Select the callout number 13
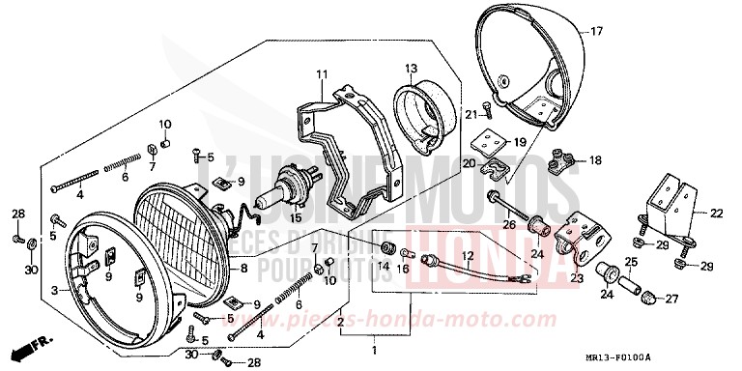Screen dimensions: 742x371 point(410,68)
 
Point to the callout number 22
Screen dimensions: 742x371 point(716,214)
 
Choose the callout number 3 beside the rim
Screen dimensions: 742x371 point(54,289)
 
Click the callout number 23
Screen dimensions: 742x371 point(578,277)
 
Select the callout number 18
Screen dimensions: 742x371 point(593,160)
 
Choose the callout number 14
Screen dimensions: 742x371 point(384,267)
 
